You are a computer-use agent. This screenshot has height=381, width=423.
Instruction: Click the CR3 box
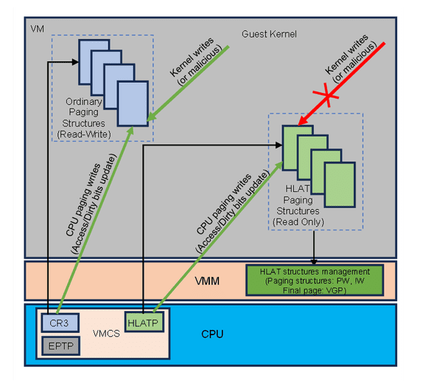point(54,322)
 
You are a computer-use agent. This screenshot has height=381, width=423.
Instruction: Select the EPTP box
point(54,345)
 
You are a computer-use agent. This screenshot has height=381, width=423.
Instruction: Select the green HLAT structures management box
point(315,280)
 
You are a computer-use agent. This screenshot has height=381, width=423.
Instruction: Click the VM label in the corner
point(37,28)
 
